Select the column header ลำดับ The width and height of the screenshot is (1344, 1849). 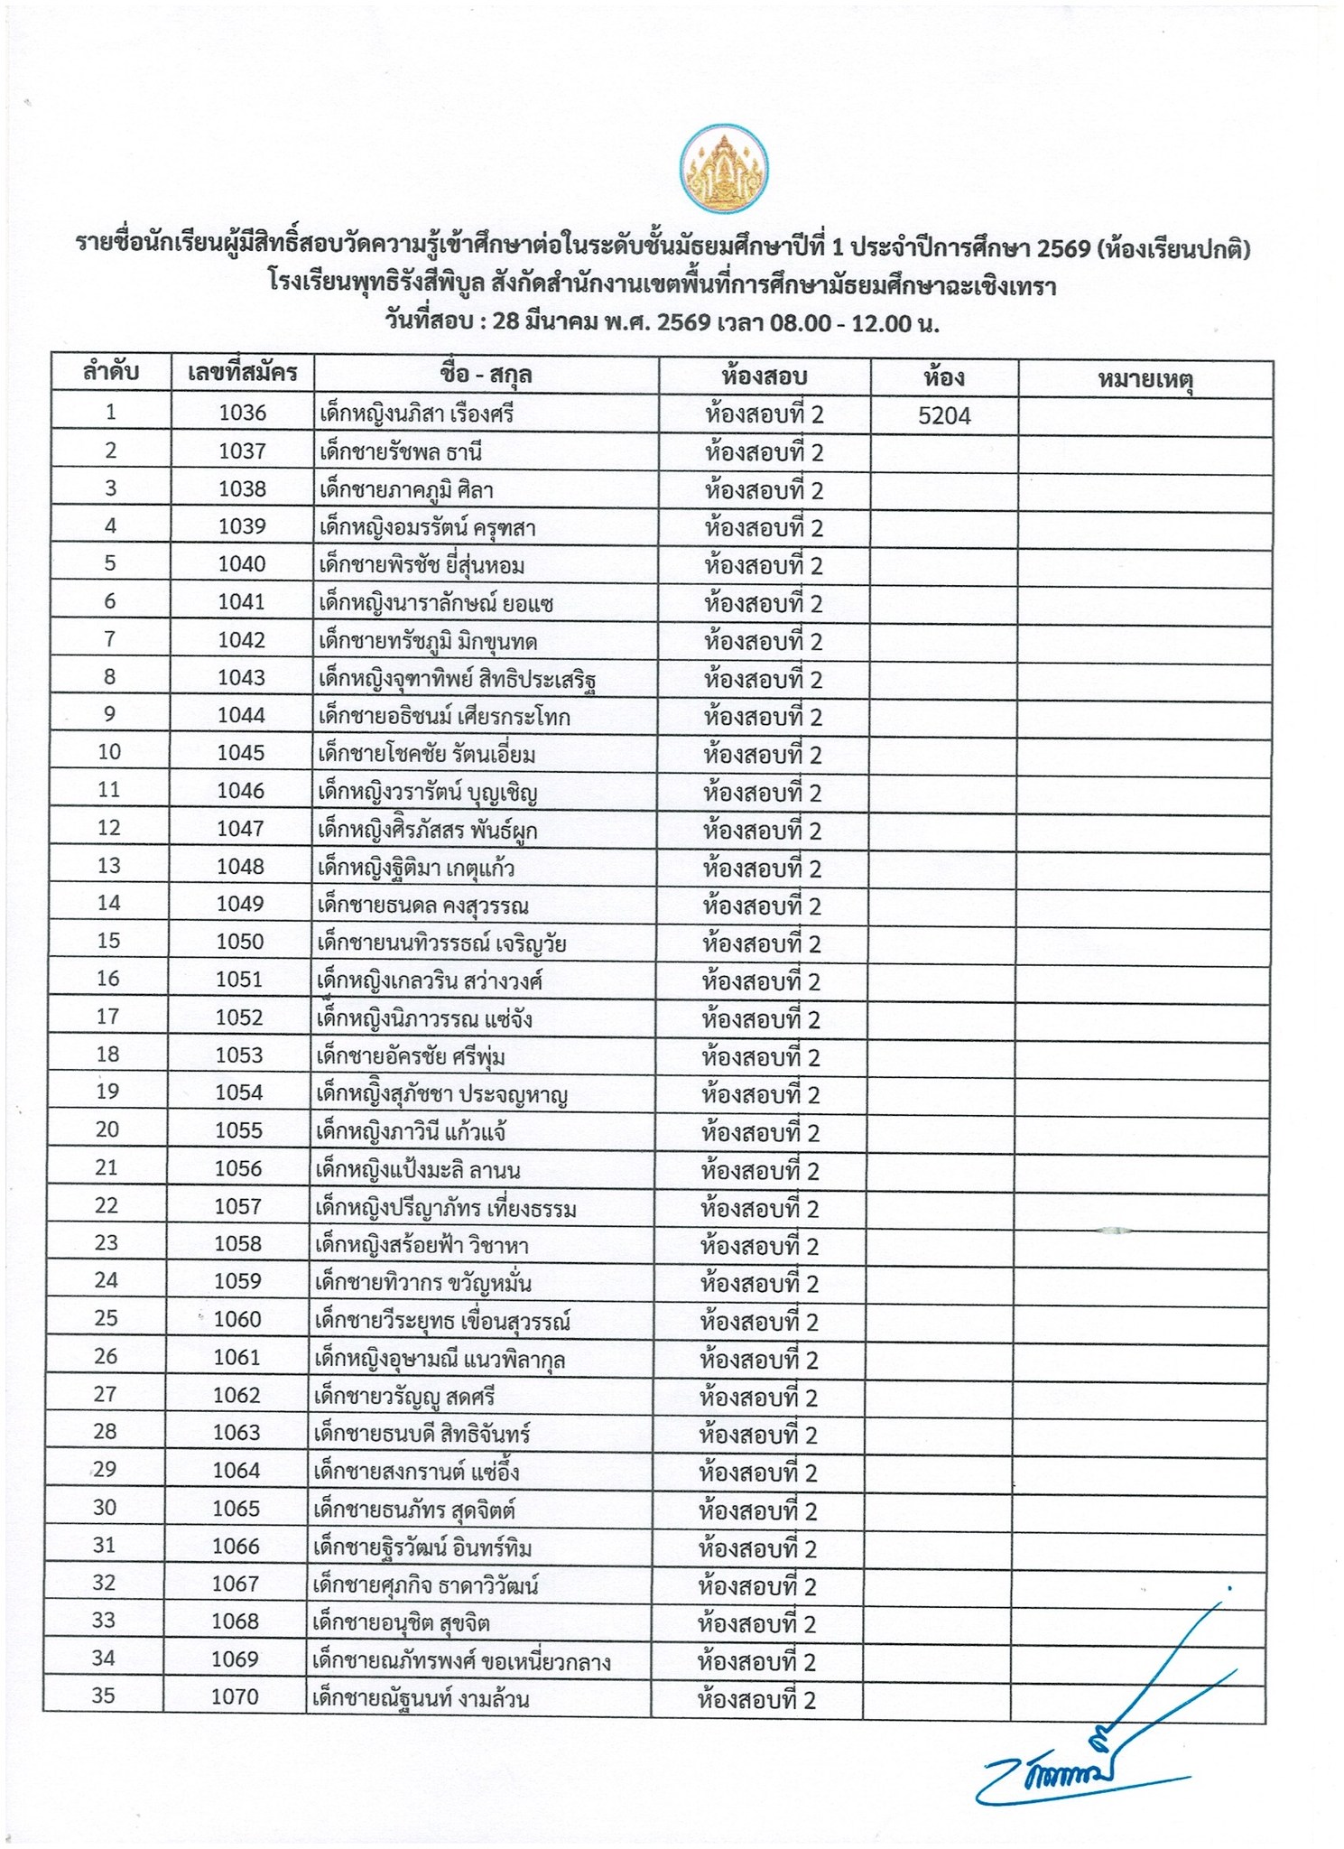point(111,373)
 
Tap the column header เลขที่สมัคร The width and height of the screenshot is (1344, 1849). point(243,374)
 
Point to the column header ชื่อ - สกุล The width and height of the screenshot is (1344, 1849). point(487,375)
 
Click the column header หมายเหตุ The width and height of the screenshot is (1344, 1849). point(1145,379)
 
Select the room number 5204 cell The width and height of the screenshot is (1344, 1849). point(944,415)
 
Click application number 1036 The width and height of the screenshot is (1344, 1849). point(243,413)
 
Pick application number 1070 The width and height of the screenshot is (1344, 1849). point(235,1697)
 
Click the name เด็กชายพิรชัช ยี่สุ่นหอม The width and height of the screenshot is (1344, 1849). point(422,566)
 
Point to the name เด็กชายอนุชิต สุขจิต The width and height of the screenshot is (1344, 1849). point(401,1623)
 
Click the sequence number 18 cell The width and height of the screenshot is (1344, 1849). point(107,1055)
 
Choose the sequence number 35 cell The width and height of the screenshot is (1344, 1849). point(104,1696)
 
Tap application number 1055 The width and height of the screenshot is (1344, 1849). point(239,1130)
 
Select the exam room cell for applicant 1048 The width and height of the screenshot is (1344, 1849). point(763,869)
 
